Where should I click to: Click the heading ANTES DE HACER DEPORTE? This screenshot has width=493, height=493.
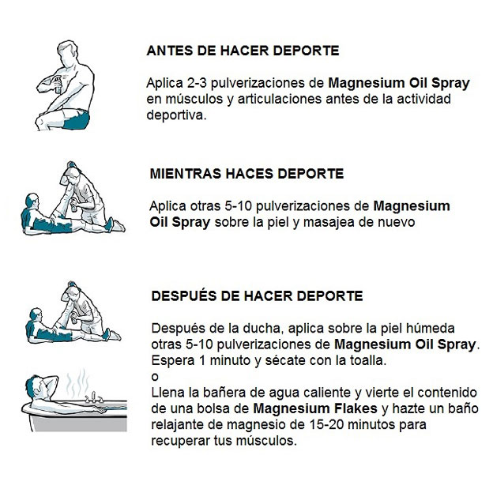click(243, 51)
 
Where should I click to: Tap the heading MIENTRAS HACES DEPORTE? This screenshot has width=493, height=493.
click(246, 173)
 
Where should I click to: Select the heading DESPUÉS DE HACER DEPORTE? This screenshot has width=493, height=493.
click(257, 296)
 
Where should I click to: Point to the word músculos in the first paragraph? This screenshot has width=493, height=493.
click(189, 100)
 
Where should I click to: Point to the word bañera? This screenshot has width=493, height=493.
click(218, 392)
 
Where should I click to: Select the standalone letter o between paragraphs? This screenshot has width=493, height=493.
click(152, 376)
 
